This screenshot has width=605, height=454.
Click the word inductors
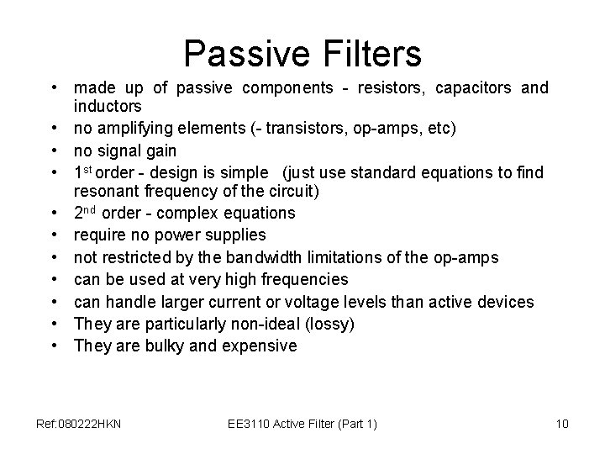coord(108,108)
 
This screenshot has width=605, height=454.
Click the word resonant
coord(106,192)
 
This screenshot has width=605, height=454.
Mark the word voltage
coord(354,301)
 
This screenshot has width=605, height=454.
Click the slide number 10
coord(562,424)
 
